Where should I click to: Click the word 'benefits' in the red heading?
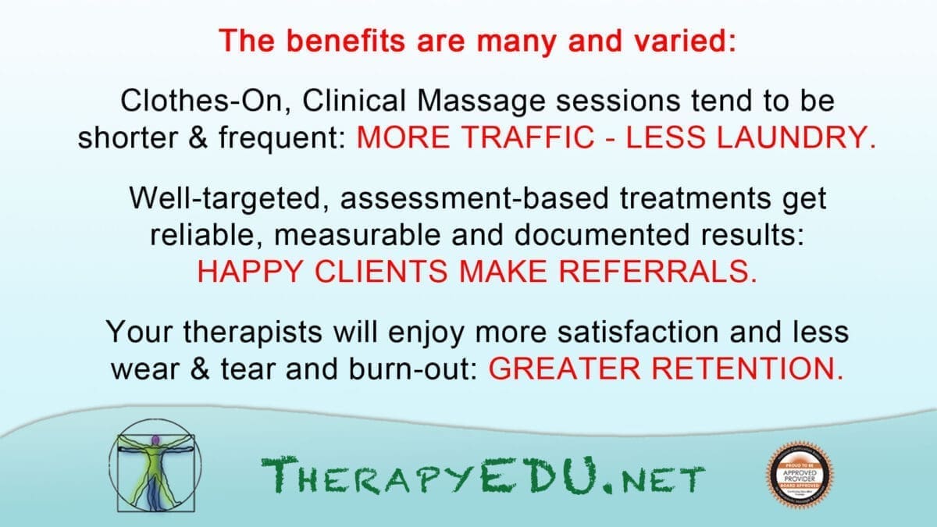(x=346, y=41)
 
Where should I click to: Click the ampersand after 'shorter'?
(x=198, y=137)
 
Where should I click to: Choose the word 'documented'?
(x=602, y=235)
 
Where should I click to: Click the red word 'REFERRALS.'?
(x=657, y=271)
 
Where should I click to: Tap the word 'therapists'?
(x=253, y=333)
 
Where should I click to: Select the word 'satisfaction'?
(x=639, y=332)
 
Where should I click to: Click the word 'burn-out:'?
(x=413, y=369)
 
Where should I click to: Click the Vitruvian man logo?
(x=155, y=465)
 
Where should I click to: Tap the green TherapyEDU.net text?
(x=483, y=475)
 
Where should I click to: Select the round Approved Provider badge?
(x=800, y=475)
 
